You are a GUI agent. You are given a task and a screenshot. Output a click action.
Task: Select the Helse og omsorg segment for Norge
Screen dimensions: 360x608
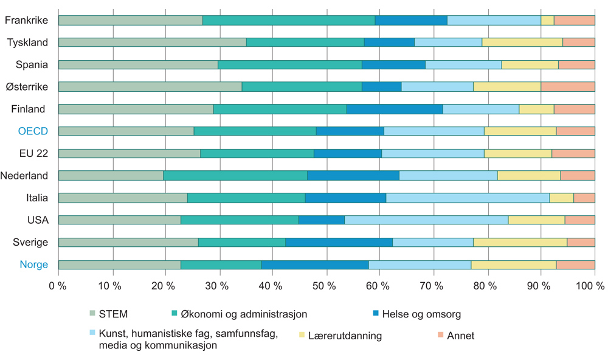pyautogui.click(x=315, y=265)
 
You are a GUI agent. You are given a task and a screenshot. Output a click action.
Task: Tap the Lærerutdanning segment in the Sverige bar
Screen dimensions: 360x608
pyautogui.click(x=520, y=242)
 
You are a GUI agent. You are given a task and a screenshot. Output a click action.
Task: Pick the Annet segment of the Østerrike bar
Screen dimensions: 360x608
pyautogui.click(x=568, y=87)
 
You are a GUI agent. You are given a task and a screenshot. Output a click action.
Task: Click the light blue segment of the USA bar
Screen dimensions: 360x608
pyautogui.click(x=426, y=220)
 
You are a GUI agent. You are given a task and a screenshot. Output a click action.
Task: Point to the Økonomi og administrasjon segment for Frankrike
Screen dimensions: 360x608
pyautogui.click(x=289, y=20)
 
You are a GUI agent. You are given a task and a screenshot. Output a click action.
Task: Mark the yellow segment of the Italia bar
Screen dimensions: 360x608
pyautogui.click(x=561, y=198)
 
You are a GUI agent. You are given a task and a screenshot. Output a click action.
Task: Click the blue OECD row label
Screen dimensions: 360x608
pyautogui.click(x=33, y=131)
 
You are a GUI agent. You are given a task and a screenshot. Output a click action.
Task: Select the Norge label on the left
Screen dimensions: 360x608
pyautogui.click(x=33, y=265)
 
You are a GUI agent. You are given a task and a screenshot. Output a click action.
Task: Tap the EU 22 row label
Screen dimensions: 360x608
pyautogui.click(x=33, y=153)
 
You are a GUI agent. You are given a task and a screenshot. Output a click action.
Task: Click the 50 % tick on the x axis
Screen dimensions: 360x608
pyautogui.click(x=326, y=286)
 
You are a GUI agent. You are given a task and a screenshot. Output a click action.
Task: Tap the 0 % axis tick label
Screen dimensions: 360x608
pyautogui.click(x=58, y=286)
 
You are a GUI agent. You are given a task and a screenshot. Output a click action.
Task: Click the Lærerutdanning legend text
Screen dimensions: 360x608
pyautogui.click(x=345, y=336)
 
